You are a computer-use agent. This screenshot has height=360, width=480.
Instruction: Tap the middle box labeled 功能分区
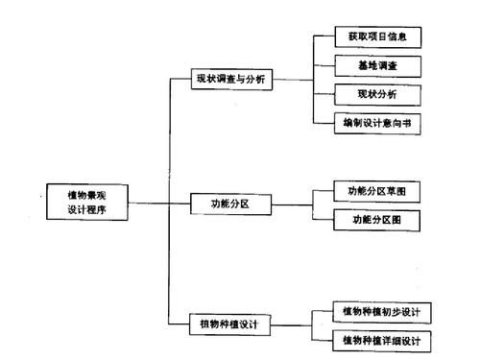229,204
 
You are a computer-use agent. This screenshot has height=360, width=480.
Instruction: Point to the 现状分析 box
378,95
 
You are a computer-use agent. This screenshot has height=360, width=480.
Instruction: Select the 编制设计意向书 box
378,123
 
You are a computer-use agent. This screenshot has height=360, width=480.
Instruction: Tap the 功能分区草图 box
376,190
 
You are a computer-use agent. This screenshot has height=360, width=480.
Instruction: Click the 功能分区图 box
376,219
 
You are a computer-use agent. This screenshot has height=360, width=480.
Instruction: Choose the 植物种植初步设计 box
380,313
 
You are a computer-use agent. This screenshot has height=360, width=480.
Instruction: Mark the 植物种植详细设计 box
380,340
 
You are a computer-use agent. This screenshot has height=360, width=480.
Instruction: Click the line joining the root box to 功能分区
158,204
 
